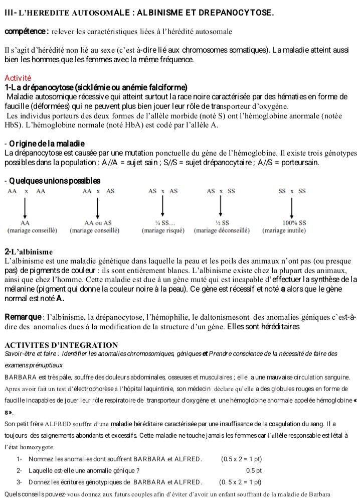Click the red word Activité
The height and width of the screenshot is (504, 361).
18,78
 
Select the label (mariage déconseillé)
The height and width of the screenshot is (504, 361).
221,231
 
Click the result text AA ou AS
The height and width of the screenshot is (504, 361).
98,223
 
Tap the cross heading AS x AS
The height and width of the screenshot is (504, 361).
163,192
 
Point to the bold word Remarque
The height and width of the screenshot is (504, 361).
22,317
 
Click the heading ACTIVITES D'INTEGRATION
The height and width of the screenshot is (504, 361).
61,345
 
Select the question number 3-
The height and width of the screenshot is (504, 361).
20,482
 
